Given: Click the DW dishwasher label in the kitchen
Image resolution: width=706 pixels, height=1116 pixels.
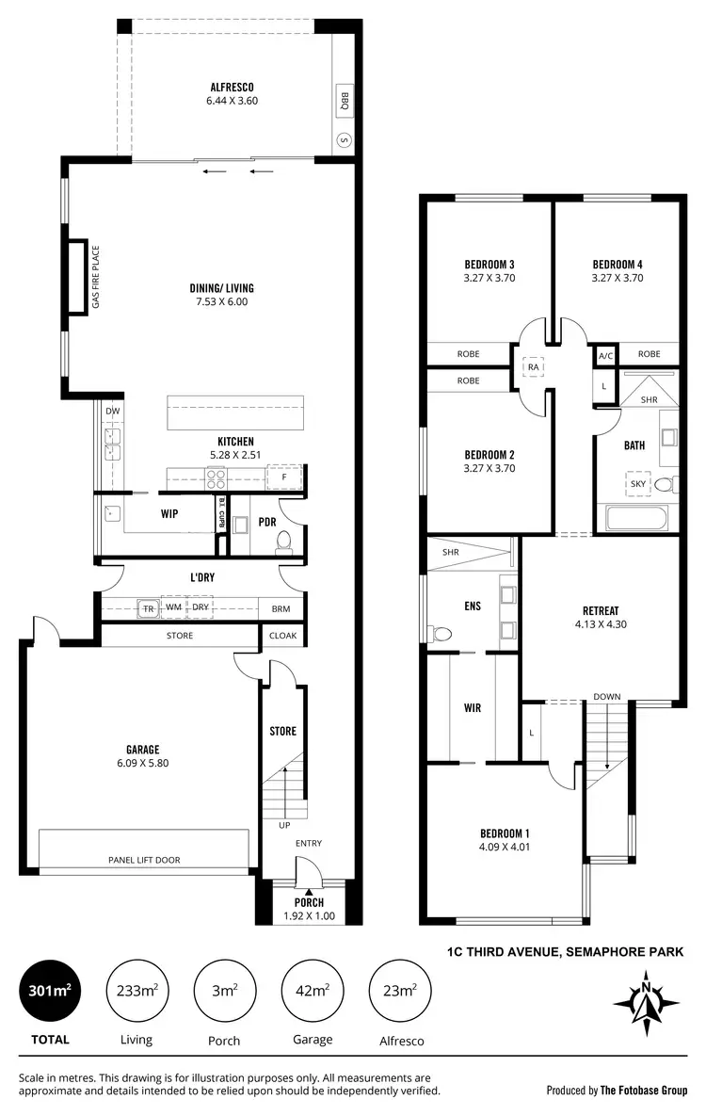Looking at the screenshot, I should click(112, 411).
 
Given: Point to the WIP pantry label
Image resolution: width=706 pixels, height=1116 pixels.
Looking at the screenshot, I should click(169, 513).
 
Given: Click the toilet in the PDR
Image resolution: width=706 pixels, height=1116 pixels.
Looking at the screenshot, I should click(282, 540).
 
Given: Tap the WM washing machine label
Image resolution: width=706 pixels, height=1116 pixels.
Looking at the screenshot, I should click(174, 608).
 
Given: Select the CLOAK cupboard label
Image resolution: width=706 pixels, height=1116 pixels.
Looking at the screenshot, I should click(282, 636).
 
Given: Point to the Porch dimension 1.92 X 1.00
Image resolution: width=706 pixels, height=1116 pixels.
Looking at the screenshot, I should click(309, 915).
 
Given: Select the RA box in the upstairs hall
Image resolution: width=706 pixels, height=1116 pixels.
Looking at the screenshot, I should click(533, 366).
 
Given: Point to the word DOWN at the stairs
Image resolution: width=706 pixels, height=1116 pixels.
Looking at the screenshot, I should click(606, 697).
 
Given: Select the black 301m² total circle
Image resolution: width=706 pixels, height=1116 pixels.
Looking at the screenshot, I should click(50, 991).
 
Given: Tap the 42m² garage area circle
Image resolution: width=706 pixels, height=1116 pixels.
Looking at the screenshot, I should click(313, 991).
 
